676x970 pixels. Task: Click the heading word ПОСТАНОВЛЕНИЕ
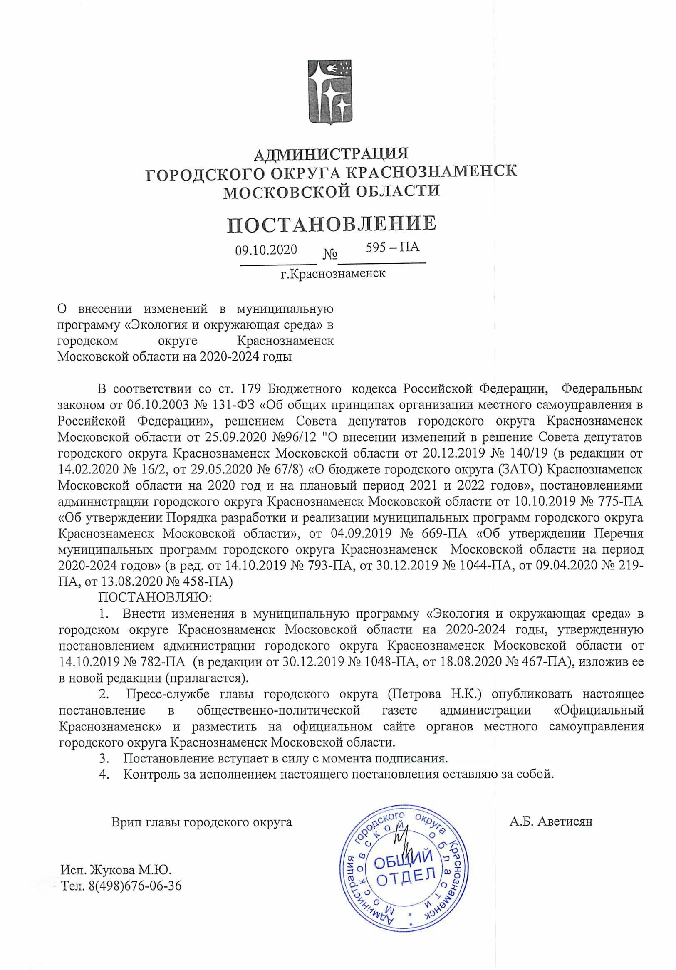pyautogui.click(x=331, y=224)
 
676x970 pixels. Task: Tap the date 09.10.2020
pyautogui.click(x=266, y=250)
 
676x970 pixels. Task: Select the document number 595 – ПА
pyautogui.click(x=393, y=247)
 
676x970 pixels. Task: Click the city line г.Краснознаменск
pyautogui.click(x=333, y=274)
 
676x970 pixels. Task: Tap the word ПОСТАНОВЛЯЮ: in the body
pyautogui.click(x=155, y=597)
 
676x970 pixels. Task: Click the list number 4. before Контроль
pyautogui.click(x=104, y=775)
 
